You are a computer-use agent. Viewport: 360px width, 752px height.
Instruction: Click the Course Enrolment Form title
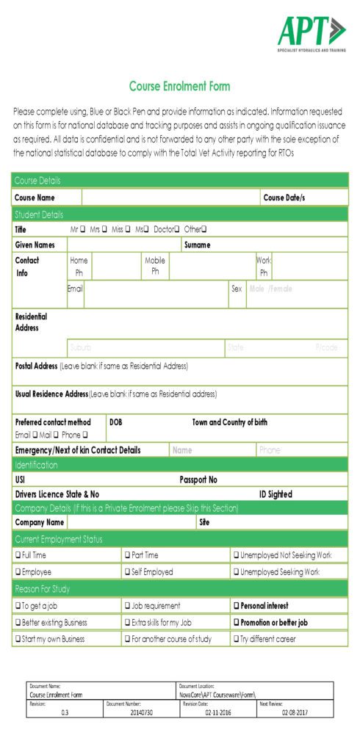(x=179, y=87)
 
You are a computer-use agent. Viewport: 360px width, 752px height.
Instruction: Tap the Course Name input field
(x=170, y=198)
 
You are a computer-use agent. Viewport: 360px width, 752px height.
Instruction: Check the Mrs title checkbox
(x=106, y=229)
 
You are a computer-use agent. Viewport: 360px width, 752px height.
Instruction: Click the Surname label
(x=197, y=245)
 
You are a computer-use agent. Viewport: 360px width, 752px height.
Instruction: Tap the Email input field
(x=156, y=294)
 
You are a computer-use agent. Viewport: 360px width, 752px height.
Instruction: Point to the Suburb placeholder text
(x=80, y=347)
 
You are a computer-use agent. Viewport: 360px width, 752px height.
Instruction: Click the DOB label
(x=116, y=422)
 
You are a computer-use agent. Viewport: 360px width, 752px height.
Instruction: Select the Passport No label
(x=198, y=480)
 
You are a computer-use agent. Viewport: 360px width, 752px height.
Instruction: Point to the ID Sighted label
(x=276, y=494)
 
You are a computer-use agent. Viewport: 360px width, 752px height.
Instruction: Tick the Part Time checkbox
(x=128, y=555)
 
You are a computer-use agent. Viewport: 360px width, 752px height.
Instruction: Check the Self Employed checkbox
(x=128, y=571)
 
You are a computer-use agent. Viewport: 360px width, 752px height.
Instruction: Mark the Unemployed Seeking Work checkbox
(x=236, y=571)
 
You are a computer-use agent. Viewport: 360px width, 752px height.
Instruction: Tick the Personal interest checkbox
(x=236, y=606)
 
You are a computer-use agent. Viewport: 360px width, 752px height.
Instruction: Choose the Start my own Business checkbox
(x=18, y=639)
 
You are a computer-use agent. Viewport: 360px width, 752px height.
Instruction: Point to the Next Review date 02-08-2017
(x=295, y=712)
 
